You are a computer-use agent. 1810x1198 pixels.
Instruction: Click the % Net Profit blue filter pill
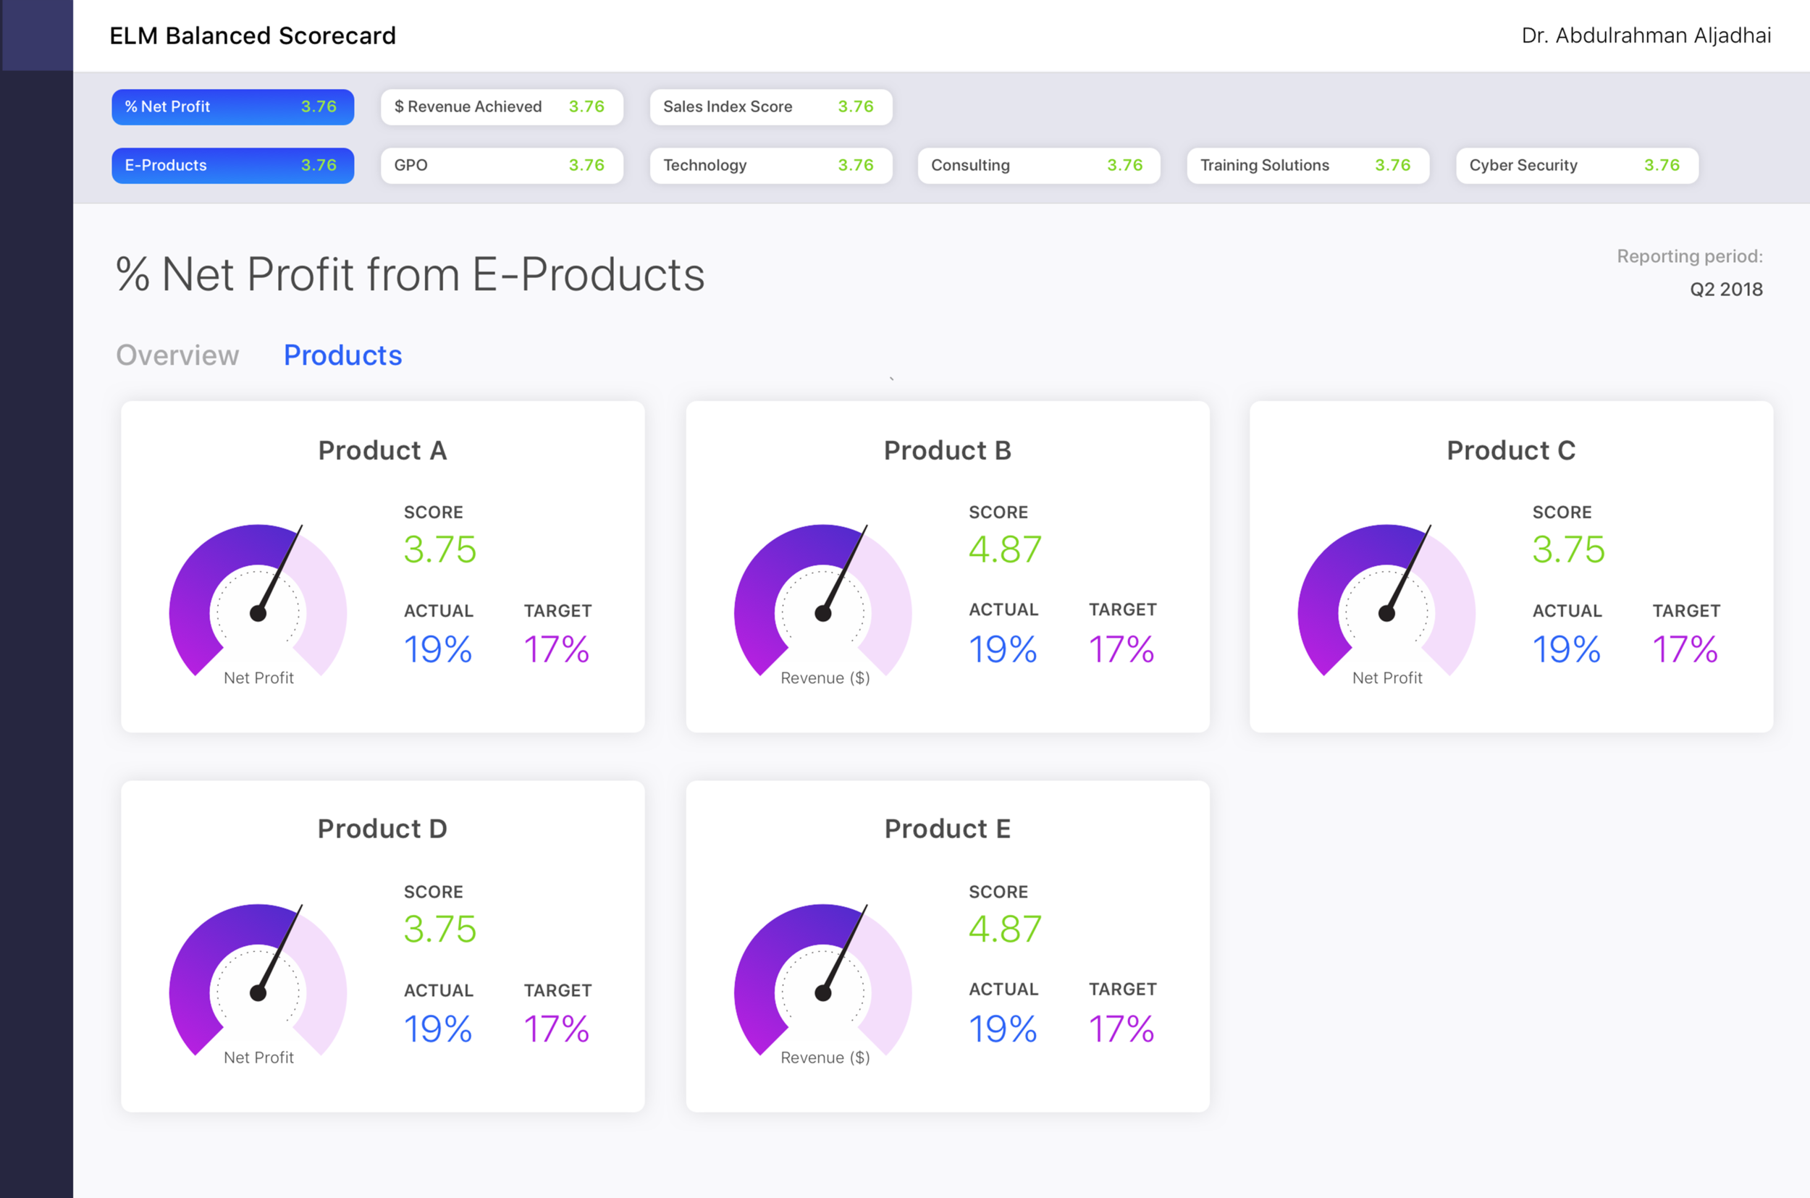point(232,107)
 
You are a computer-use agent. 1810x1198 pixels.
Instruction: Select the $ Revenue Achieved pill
point(501,107)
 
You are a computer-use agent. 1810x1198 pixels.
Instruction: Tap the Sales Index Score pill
point(770,107)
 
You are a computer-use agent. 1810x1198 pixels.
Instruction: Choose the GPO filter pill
point(501,166)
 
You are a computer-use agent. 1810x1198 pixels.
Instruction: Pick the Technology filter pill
point(770,166)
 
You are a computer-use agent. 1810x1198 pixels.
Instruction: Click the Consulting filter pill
point(1038,166)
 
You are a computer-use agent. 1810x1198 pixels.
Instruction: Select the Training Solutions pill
point(1308,166)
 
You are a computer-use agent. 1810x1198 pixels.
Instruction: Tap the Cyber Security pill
point(1576,166)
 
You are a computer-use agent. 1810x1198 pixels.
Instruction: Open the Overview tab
point(177,355)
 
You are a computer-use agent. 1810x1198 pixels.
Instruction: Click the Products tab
point(342,355)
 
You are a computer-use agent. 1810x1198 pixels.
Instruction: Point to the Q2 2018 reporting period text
point(1725,290)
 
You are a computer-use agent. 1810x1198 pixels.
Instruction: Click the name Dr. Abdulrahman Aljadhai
point(1646,36)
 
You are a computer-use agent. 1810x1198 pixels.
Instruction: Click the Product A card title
point(382,451)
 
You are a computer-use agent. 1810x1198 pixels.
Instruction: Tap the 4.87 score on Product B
point(1004,549)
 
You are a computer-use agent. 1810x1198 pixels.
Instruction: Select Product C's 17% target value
point(1684,649)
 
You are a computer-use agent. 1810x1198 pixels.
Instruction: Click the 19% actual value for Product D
point(437,1029)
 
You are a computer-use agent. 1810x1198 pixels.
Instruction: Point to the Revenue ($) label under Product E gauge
point(825,1058)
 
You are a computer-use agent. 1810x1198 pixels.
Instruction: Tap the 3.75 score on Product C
point(1567,549)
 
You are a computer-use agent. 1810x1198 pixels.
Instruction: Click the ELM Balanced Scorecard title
point(252,36)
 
